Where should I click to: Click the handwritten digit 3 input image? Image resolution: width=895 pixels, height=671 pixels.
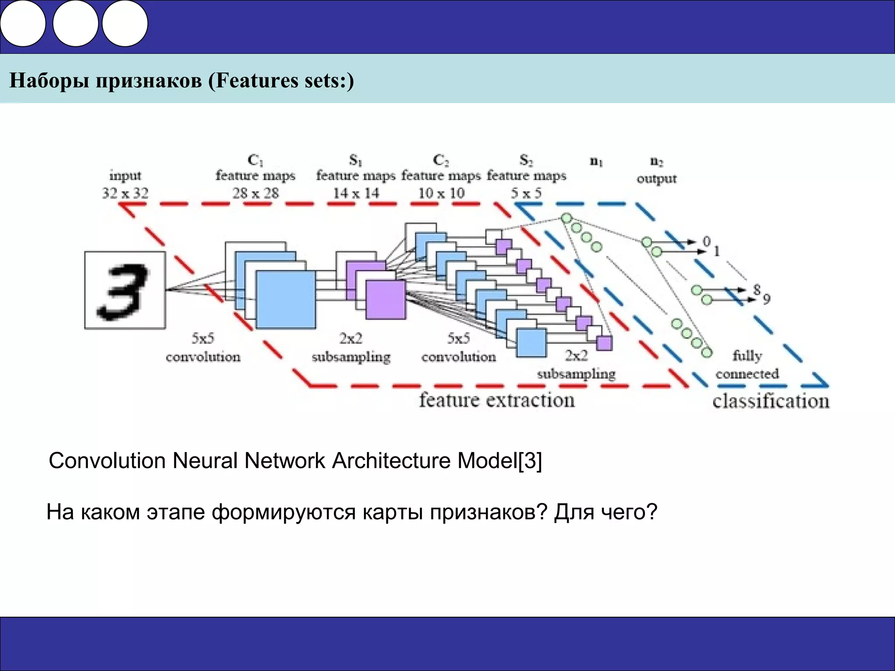pos(125,290)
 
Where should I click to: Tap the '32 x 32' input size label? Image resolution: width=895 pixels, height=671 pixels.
pos(125,193)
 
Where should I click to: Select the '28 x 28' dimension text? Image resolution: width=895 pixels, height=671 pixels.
pos(255,193)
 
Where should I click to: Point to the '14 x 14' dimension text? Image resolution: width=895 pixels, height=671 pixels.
pos(356,193)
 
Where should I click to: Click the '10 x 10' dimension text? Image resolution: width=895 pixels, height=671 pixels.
pos(441,193)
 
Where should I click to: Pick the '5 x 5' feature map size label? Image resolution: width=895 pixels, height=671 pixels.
pos(526,193)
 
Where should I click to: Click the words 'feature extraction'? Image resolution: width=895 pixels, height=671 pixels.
pos(497,400)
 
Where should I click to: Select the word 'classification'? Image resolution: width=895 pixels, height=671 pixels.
pos(770,401)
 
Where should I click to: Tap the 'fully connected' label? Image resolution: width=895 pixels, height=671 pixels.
pos(747,365)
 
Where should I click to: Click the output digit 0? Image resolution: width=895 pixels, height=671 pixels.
pos(706,241)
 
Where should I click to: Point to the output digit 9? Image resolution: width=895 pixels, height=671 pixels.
pos(767,299)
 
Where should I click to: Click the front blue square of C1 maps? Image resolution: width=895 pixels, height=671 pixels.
pos(286,300)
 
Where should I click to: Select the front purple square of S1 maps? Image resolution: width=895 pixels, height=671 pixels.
pos(385,300)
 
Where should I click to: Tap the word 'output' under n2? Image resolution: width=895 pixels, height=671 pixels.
pos(656,179)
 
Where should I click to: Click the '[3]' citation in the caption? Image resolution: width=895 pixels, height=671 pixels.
pos(530,460)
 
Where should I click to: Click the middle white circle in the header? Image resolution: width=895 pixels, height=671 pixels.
pos(75,24)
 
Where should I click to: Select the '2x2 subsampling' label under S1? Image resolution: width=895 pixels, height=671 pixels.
pos(351,348)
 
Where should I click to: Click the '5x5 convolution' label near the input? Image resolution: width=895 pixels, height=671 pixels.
pos(203,348)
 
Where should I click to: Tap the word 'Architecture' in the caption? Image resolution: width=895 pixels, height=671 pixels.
pos(391,460)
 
